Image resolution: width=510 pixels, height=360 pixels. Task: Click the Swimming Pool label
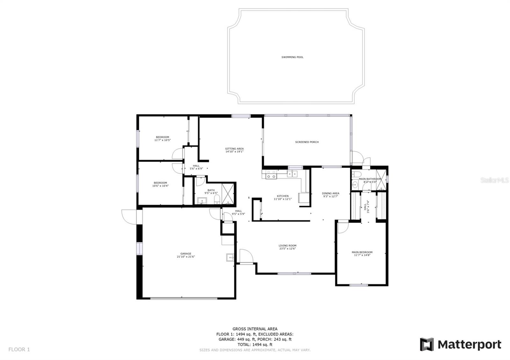(292, 57)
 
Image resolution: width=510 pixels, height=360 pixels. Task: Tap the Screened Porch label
(307, 142)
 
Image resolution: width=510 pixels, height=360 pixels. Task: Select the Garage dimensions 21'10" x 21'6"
(186, 256)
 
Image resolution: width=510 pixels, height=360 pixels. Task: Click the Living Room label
(287, 246)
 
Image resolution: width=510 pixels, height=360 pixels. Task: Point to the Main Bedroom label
(362, 252)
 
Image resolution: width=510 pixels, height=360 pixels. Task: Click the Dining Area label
(331, 193)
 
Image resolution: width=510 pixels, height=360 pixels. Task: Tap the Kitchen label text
(283, 196)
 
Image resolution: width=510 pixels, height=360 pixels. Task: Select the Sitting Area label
(234, 149)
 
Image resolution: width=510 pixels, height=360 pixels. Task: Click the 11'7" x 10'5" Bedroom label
(162, 137)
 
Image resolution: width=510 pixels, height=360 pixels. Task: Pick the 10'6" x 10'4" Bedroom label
(160, 183)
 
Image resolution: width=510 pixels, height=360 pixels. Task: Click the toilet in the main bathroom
(356, 174)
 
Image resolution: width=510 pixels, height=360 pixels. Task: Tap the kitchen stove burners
(271, 175)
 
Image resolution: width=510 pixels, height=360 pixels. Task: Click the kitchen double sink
(292, 174)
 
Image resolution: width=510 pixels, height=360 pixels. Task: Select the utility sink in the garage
(230, 257)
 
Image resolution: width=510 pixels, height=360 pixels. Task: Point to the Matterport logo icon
(426, 344)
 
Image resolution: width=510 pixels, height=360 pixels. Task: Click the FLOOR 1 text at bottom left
(19, 349)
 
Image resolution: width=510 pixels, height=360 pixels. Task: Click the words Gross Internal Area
(255, 329)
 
